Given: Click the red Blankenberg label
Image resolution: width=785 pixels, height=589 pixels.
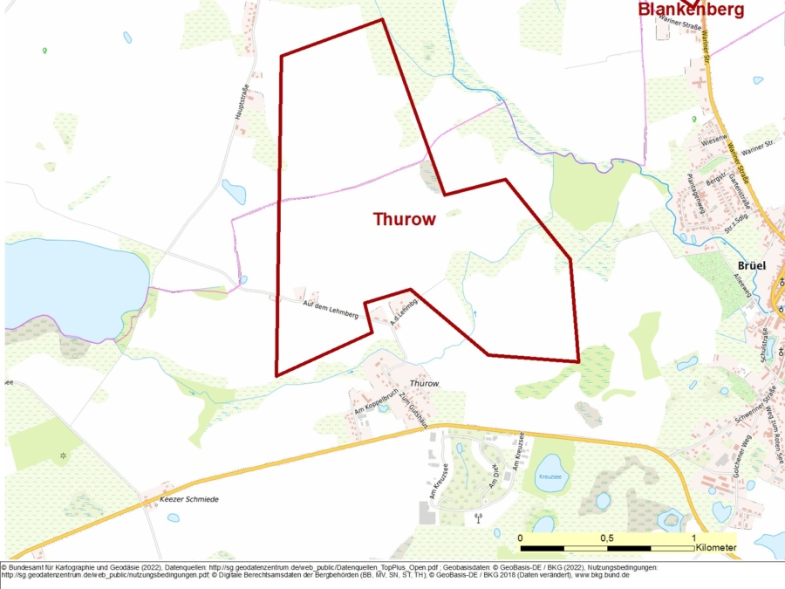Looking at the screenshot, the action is click(x=692, y=10).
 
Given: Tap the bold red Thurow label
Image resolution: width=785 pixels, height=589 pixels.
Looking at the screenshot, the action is click(x=404, y=219).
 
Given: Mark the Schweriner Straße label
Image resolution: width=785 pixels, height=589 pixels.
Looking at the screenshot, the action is click(x=755, y=409).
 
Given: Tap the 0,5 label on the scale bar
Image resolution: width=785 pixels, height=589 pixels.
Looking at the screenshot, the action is click(x=606, y=538).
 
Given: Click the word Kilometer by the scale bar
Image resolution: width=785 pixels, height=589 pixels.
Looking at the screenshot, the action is click(x=716, y=548).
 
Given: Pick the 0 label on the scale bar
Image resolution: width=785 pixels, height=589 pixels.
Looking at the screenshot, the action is click(x=521, y=538).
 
